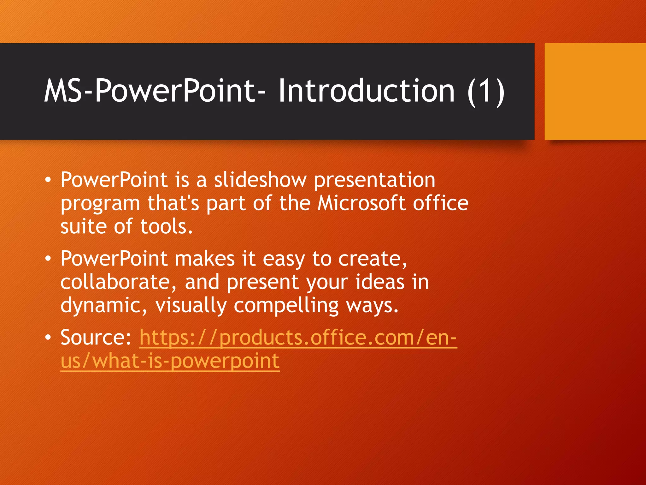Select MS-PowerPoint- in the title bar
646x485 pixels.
pyautogui.click(x=155, y=92)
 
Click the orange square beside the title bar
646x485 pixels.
pyautogui.click(x=595, y=92)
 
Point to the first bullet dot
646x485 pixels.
pyautogui.click(x=48, y=180)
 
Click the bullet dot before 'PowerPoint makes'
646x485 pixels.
pyautogui.click(x=48, y=259)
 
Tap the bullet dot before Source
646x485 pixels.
pyautogui.click(x=48, y=338)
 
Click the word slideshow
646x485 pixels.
pyautogui.click(x=260, y=180)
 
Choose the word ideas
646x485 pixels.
pyautogui.click(x=379, y=282)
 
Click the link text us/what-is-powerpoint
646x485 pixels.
pyautogui.click(x=170, y=361)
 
